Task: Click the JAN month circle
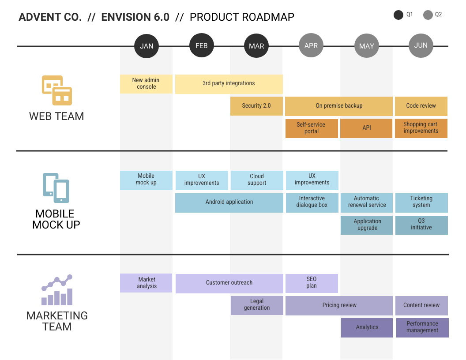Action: (147, 46)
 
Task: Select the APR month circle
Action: (311, 45)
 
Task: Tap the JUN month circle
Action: (421, 45)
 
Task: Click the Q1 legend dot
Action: (398, 15)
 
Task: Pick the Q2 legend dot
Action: (428, 15)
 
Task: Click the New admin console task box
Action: (146, 84)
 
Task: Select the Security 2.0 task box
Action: (256, 106)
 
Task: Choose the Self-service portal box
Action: (312, 128)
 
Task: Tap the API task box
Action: (366, 128)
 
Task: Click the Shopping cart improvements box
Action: (421, 128)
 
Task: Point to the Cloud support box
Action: (257, 180)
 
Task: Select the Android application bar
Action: (229, 202)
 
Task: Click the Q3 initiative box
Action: (421, 225)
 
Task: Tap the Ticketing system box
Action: (421, 202)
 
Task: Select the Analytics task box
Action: (367, 328)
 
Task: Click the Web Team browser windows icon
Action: (57, 90)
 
